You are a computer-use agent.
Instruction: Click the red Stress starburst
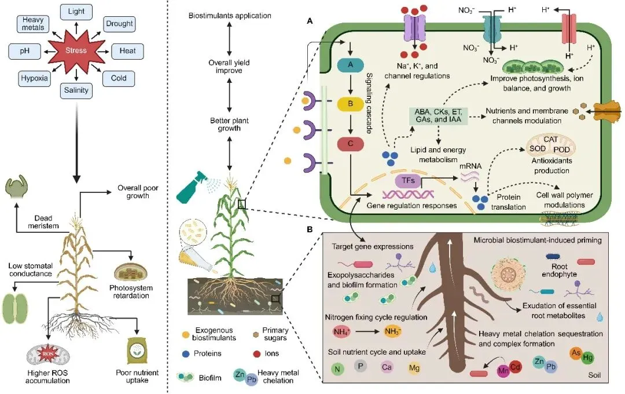pyautogui.click(x=76, y=51)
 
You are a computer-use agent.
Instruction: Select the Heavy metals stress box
pyautogui.click(x=33, y=24)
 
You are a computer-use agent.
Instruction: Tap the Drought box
pyautogui.click(x=119, y=24)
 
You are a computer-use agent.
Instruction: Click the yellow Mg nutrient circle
pyautogui.click(x=414, y=367)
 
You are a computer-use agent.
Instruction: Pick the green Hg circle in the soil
pyautogui.click(x=587, y=357)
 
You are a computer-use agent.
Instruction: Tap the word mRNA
pyautogui.click(x=470, y=165)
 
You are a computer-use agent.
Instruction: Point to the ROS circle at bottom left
pyautogui.click(x=41, y=355)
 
